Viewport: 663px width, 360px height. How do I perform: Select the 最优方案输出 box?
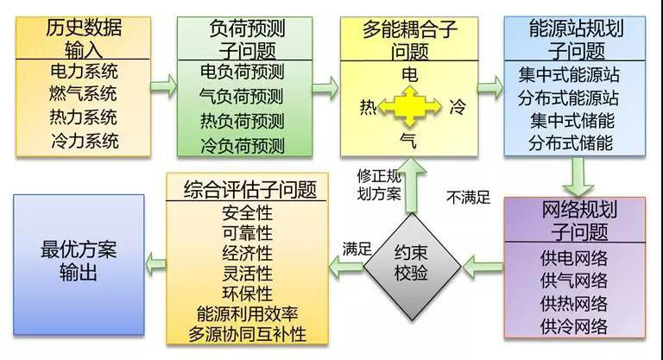click(x=79, y=262)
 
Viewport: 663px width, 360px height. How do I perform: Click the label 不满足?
click(x=467, y=198)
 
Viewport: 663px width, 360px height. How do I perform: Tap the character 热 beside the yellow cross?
click(x=368, y=107)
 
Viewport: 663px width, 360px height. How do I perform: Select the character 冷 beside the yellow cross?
click(x=458, y=107)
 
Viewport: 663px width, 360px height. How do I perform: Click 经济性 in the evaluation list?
click(x=247, y=254)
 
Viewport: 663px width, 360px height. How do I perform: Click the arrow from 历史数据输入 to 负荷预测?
click(x=161, y=86)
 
